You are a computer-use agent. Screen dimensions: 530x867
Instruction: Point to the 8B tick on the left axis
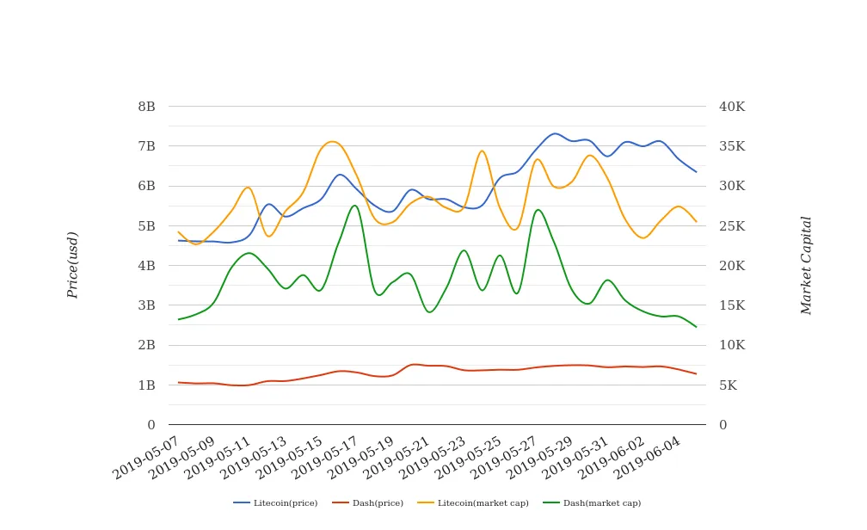146,107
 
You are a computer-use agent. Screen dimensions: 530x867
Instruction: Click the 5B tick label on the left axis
146,226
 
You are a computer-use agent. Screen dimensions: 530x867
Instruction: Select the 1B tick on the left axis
146,385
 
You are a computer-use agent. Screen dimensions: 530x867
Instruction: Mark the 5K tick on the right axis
729,385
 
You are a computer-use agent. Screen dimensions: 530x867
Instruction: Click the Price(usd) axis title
73,265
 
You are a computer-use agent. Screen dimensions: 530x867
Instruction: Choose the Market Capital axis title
806,265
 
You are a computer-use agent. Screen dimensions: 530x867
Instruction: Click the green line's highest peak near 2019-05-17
354,205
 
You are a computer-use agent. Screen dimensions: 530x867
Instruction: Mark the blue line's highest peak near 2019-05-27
555,133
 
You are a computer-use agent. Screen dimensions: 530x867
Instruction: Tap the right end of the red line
696,373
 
